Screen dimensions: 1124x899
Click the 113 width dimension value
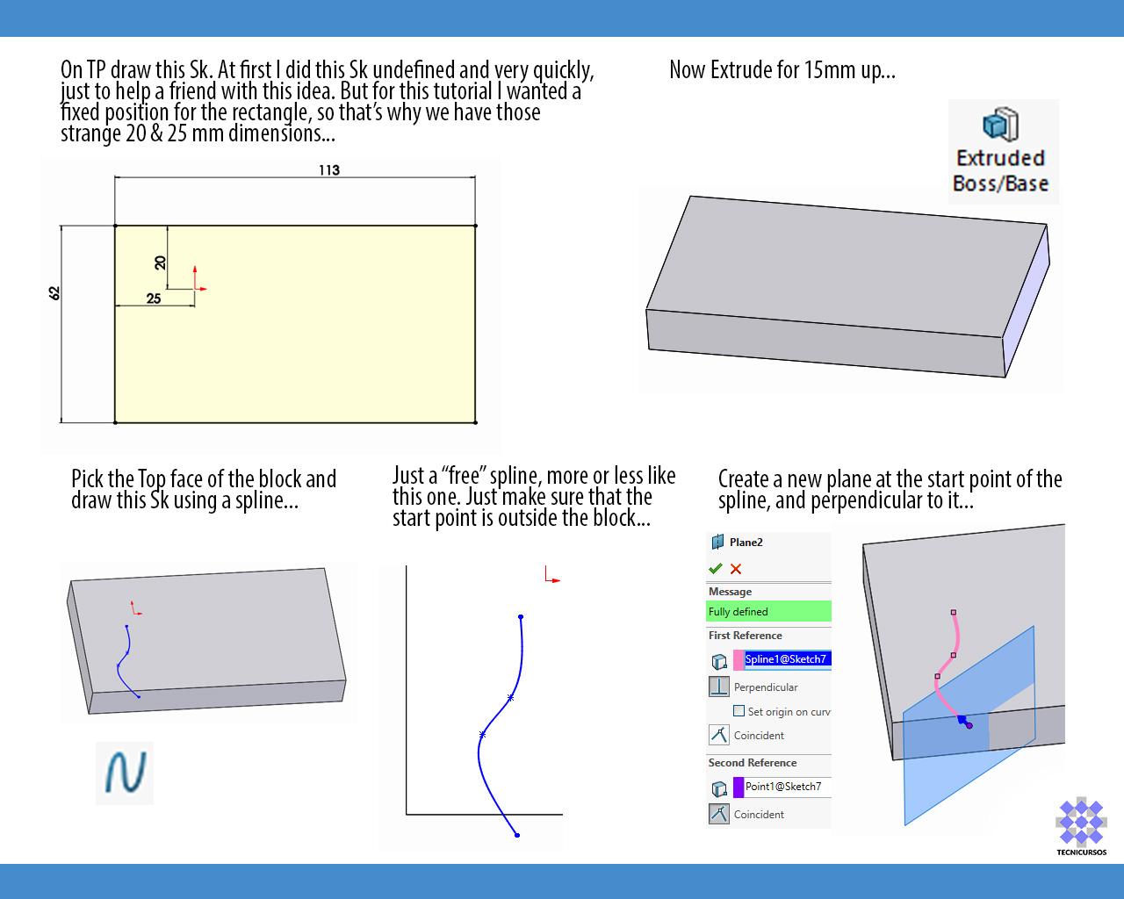pos(329,170)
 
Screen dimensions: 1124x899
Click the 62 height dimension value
pos(54,293)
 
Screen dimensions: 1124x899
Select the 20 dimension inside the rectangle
pos(160,263)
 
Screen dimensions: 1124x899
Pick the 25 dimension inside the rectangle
pos(154,298)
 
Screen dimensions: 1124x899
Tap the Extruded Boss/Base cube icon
pos(1000,125)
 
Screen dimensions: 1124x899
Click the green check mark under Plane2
pos(716,568)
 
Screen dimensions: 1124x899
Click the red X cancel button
pos(735,569)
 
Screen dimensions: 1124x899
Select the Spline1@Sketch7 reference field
pos(782,659)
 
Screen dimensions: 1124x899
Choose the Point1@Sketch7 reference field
pos(782,787)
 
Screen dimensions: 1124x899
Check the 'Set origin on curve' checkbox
pos(739,711)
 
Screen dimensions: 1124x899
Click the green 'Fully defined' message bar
pos(768,611)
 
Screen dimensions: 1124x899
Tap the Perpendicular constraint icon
pos(718,687)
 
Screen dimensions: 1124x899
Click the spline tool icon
pos(125,773)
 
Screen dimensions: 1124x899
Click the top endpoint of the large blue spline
pos(521,617)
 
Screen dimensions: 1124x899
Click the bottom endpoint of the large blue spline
pos(517,835)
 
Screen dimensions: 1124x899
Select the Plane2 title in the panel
pos(746,543)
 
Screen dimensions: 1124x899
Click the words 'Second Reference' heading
pos(753,763)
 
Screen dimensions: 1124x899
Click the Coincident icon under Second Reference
pos(718,814)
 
